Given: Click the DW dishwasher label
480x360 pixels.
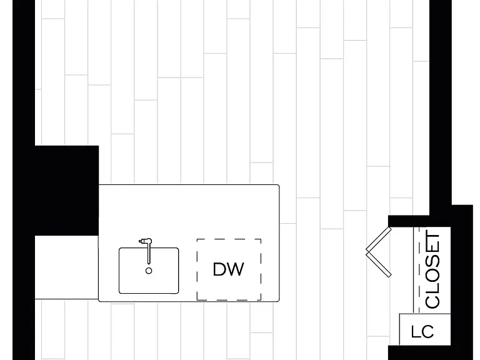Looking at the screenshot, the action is pyautogui.click(x=228, y=269).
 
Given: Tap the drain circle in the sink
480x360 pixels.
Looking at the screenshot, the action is pyautogui.click(x=149, y=271).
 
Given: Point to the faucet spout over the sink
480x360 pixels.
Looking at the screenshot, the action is pyautogui.click(x=149, y=252).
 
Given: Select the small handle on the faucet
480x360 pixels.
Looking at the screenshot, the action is pyautogui.click(x=141, y=241).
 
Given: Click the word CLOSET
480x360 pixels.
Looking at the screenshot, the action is pyautogui.click(x=432, y=271).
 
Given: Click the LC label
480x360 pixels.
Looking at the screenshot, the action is pyautogui.click(x=422, y=331).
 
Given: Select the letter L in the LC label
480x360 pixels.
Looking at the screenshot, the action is pyautogui.click(x=416, y=331).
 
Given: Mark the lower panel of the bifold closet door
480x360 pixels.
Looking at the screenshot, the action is pyautogui.click(x=379, y=264).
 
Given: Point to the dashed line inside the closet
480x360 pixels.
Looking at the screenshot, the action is pyautogui.click(x=419, y=270).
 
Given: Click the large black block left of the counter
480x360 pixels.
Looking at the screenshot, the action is pyautogui.click(x=67, y=191).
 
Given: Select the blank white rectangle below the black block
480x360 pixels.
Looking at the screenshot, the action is pyautogui.click(x=67, y=267).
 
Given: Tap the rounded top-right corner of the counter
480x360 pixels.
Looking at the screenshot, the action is pyautogui.click(x=278, y=186).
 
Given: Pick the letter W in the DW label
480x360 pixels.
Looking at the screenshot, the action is pyautogui.click(x=236, y=269).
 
